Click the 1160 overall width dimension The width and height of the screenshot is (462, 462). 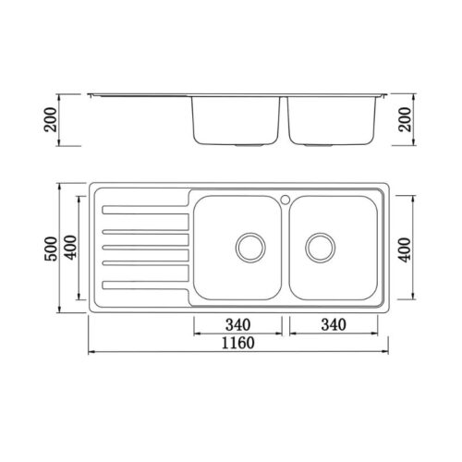pyautogui.click(x=238, y=343)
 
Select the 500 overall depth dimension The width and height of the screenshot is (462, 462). pyautogui.click(x=51, y=249)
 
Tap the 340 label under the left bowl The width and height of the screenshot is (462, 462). pyautogui.click(x=238, y=324)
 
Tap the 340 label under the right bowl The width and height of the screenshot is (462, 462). pyautogui.click(x=334, y=324)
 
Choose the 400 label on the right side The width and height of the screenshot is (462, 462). pyautogui.click(x=405, y=249)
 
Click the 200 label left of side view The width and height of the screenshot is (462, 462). pyautogui.click(x=51, y=119)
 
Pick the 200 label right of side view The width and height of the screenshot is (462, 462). pyautogui.click(x=405, y=119)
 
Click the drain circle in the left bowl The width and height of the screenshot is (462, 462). pyautogui.click(x=250, y=248)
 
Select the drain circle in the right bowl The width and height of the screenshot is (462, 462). pyautogui.click(x=320, y=248)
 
